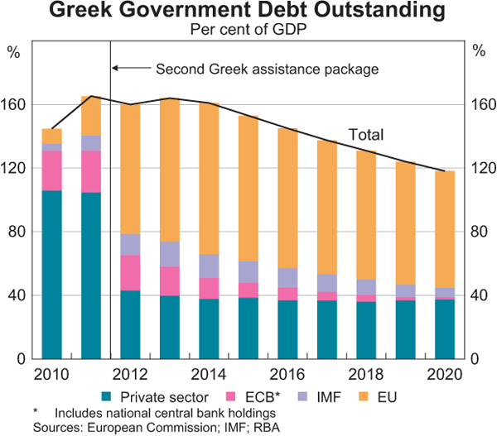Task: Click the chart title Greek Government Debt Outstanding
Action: (x=248, y=12)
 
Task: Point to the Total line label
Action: (x=365, y=133)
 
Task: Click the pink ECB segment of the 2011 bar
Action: (x=91, y=171)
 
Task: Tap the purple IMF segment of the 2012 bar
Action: (x=130, y=244)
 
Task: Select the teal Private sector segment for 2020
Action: (x=445, y=328)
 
